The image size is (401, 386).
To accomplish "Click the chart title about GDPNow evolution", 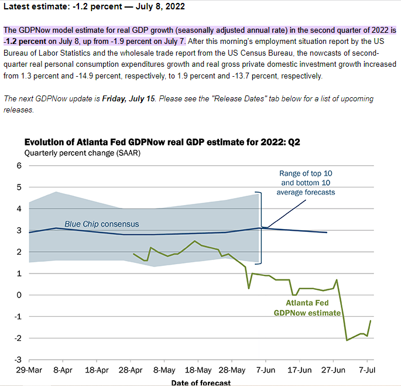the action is point(162,142).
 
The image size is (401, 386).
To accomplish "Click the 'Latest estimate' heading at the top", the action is point(94,6).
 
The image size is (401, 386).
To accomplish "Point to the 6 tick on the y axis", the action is point(19,166).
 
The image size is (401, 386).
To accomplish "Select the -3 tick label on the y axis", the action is point(18,360).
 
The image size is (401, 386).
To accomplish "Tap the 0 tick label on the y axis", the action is point(19,295).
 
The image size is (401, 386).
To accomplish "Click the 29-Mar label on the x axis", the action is point(29,370).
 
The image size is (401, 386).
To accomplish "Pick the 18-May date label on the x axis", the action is point(198,370).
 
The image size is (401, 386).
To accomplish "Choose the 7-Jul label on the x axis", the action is point(367,370).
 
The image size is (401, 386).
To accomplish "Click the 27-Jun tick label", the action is point(333,370).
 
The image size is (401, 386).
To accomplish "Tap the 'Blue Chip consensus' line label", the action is point(102,224).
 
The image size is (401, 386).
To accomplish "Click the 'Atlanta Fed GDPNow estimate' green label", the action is point(307,308).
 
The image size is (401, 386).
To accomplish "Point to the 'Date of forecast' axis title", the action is point(201,382).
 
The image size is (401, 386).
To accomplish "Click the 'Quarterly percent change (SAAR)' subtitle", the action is point(83,153).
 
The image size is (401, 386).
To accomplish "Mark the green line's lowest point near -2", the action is point(347,340).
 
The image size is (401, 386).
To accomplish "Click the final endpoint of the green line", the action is point(371,320).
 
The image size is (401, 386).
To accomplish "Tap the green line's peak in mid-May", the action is point(194,241).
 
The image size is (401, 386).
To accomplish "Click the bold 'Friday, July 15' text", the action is point(129,98).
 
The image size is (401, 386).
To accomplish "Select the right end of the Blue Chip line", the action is point(327,233).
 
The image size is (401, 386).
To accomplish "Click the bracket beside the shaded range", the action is point(261,228).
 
